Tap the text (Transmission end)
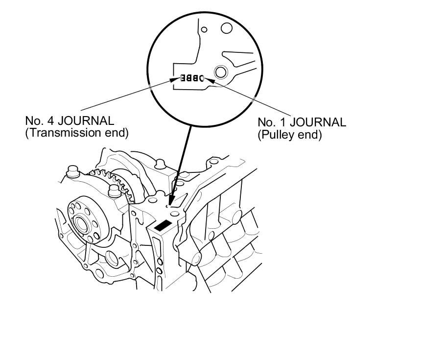click(x=76, y=133)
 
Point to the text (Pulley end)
click(x=289, y=135)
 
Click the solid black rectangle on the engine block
click(x=163, y=225)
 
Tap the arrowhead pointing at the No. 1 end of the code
click(x=211, y=78)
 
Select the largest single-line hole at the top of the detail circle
click(x=226, y=27)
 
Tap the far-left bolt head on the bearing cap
click(x=71, y=172)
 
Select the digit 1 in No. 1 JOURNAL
click(x=283, y=122)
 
